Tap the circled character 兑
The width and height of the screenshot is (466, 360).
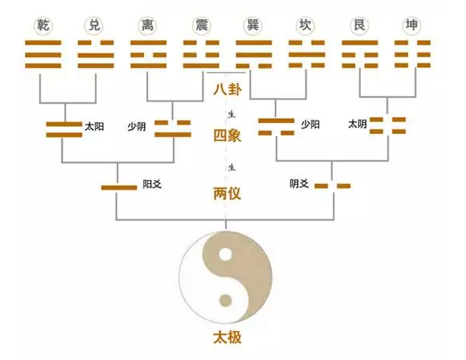pos(93,26)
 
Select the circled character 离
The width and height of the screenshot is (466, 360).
pos(147,26)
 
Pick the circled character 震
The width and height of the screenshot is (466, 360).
pos(200,26)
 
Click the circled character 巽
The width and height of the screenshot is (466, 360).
pos(253,26)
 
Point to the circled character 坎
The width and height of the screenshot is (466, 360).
pos(307,26)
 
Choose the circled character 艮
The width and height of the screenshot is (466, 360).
pos(359,26)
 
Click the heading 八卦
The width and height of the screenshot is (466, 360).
pos(227,90)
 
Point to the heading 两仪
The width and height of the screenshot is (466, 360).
pos(227,193)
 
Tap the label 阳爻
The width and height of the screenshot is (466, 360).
pos(152,185)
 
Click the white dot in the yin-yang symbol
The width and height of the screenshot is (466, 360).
pos(226,254)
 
